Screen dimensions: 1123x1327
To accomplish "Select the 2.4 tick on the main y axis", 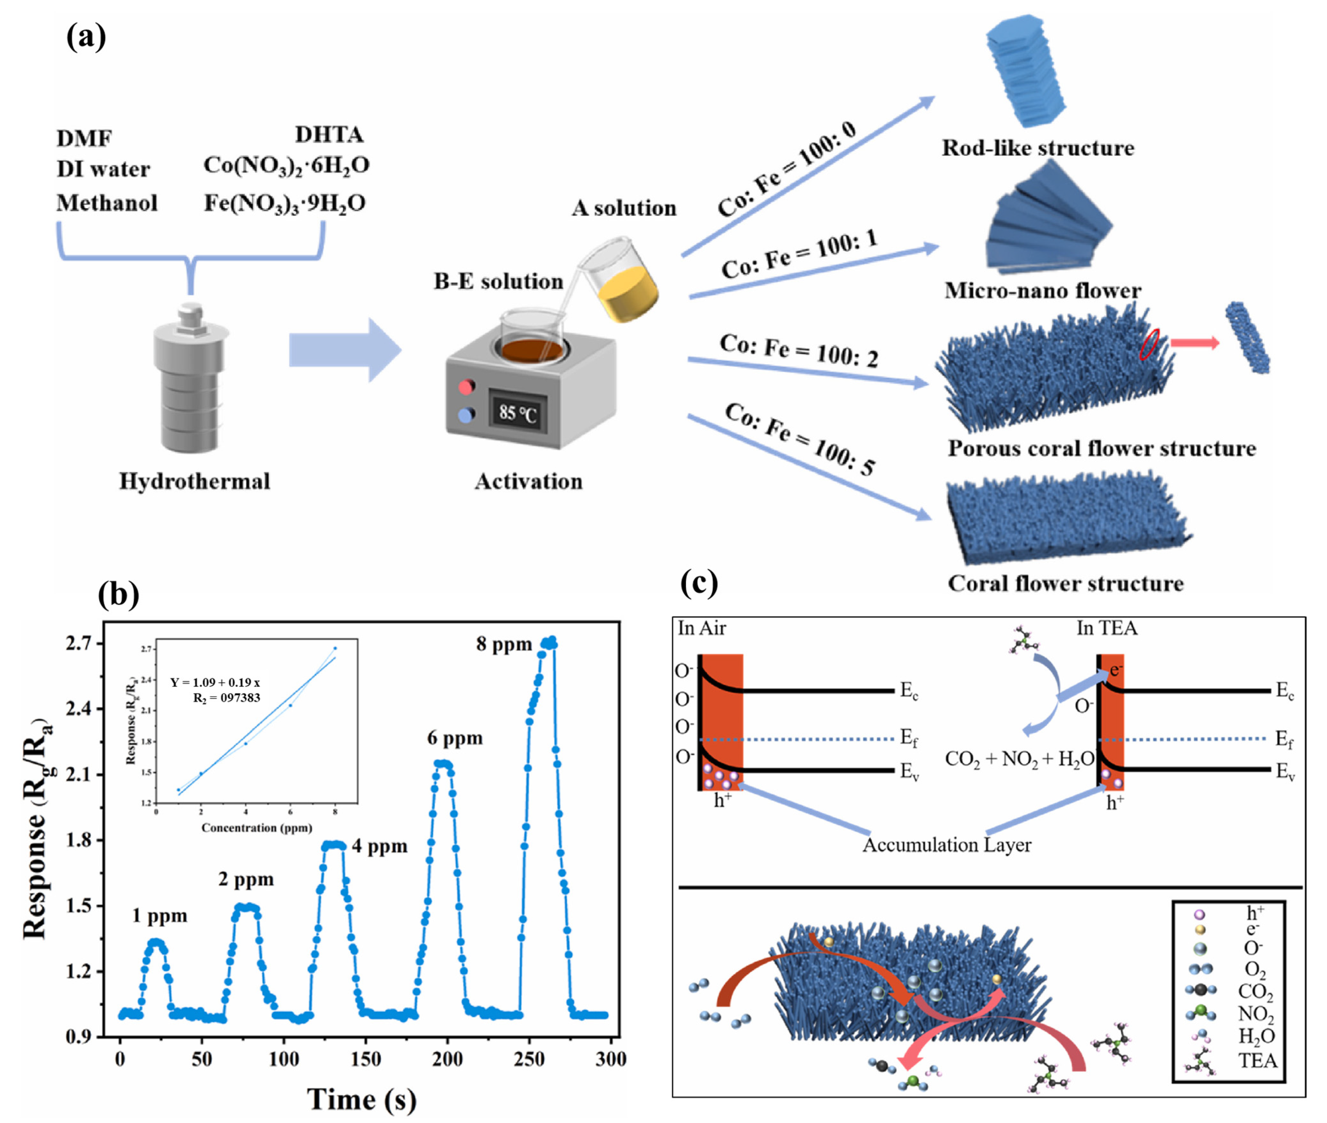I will coord(80,708).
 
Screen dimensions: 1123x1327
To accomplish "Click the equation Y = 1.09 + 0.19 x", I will coord(215,683).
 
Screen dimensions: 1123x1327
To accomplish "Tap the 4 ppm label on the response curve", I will coord(379,846).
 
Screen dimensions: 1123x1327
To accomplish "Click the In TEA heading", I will coord(1106,628).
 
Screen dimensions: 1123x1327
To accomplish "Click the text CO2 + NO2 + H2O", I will coord(1019,759).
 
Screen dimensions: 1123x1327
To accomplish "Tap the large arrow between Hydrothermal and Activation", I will coord(344,350).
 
